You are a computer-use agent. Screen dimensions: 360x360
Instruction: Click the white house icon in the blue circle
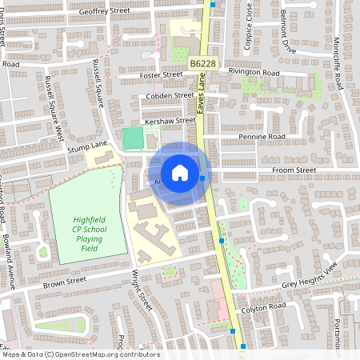tap(180, 173)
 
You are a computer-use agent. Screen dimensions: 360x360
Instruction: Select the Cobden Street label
tap(170, 95)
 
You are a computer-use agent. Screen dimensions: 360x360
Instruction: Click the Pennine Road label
tap(262, 137)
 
